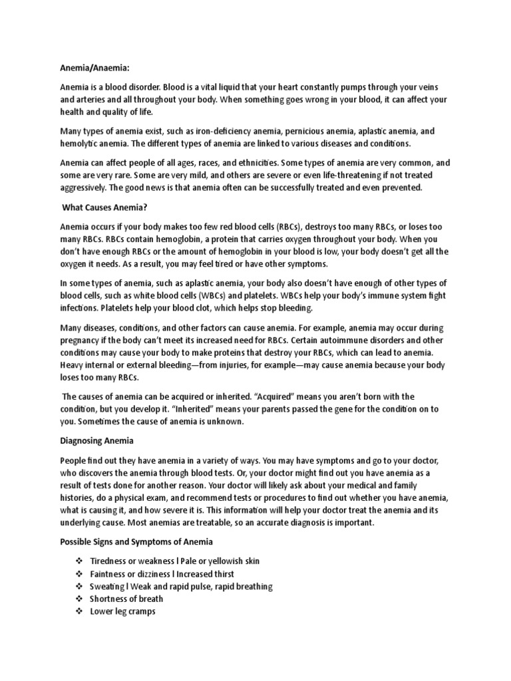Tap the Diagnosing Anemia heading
[96, 440]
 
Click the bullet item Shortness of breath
[126, 599]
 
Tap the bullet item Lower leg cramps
[122, 611]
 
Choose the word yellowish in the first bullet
[213, 561]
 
